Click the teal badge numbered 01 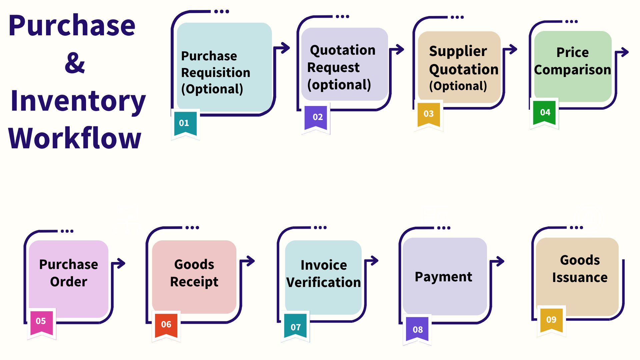pyautogui.click(x=185, y=123)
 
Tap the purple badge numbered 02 pyautogui.click(x=317, y=117)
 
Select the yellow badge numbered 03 pyautogui.click(x=428, y=114)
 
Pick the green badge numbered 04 pyautogui.click(x=545, y=112)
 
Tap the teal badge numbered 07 pyautogui.click(x=295, y=327)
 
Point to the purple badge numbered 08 pyautogui.click(x=417, y=330)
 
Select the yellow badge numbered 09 pyautogui.click(x=551, y=320)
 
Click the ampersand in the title pyautogui.click(x=75, y=63)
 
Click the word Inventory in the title pyautogui.click(x=78, y=101)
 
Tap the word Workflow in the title pyautogui.click(x=75, y=138)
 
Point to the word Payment pyautogui.click(x=443, y=277)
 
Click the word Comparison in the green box pyautogui.click(x=572, y=70)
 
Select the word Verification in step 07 pyautogui.click(x=323, y=282)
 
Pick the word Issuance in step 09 pyautogui.click(x=580, y=278)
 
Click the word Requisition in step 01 pyautogui.click(x=215, y=73)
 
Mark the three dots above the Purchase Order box pyautogui.click(x=67, y=231)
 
